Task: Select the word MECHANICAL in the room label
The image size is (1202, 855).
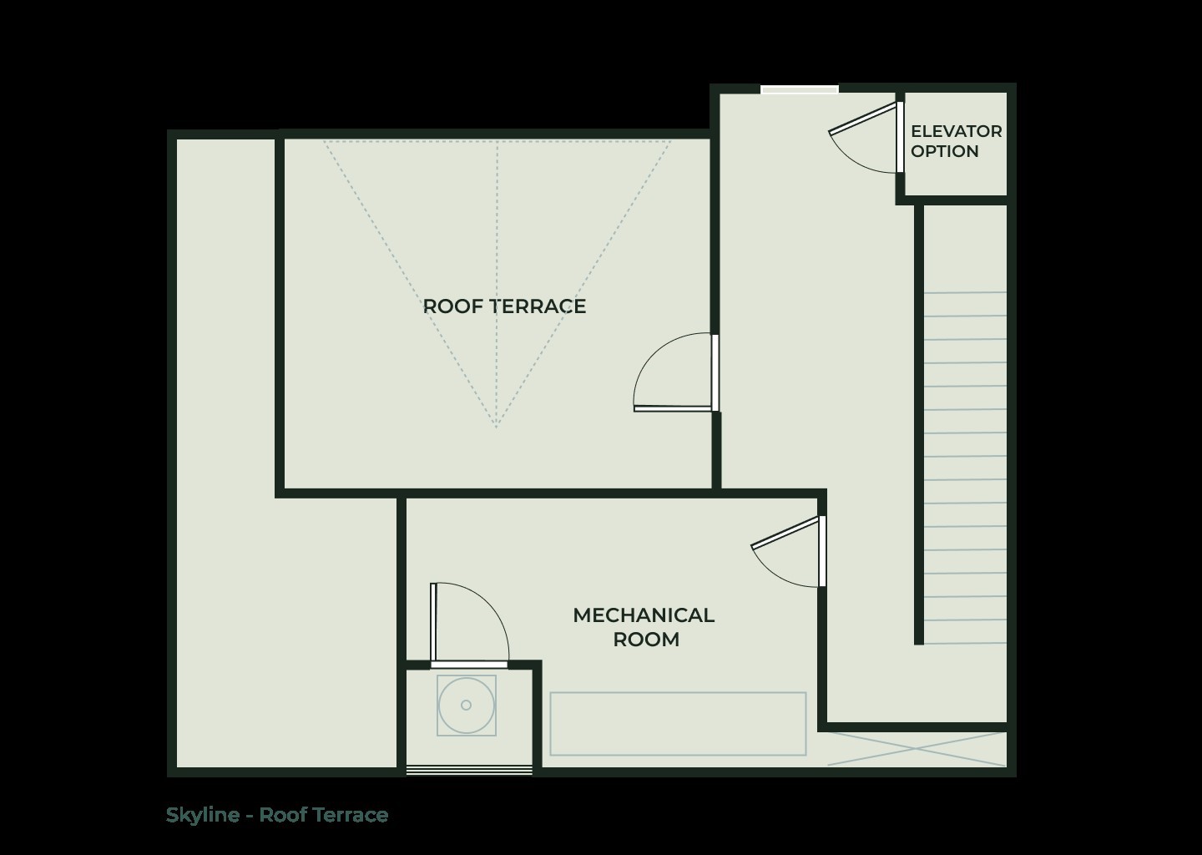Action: click(643, 615)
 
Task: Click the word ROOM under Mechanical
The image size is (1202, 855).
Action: click(646, 640)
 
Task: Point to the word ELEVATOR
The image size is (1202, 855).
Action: click(956, 131)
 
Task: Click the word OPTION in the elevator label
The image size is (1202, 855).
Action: click(944, 151)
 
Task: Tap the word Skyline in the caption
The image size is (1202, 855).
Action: click(202, 815)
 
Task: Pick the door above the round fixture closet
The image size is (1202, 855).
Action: click(467, 622)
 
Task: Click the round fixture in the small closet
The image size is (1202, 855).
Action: click(466, 706)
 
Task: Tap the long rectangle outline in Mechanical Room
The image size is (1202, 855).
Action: click(678, 723)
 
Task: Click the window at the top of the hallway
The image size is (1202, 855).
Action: click(799, 89)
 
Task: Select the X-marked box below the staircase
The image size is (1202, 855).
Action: click(917, 749)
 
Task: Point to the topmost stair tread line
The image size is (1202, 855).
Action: click(965, 292)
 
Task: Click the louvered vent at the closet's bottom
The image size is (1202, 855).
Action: click(469, 770)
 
